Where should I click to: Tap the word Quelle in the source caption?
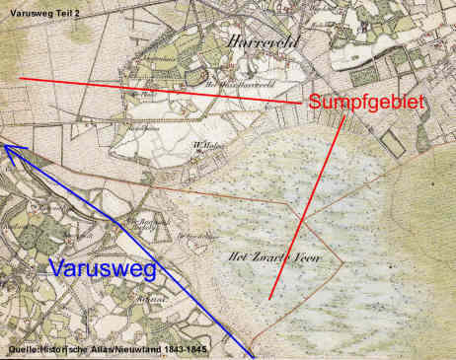coord(24,350)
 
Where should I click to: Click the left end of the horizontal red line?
coord(20,77)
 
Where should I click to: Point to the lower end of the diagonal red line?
coord(270,297)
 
